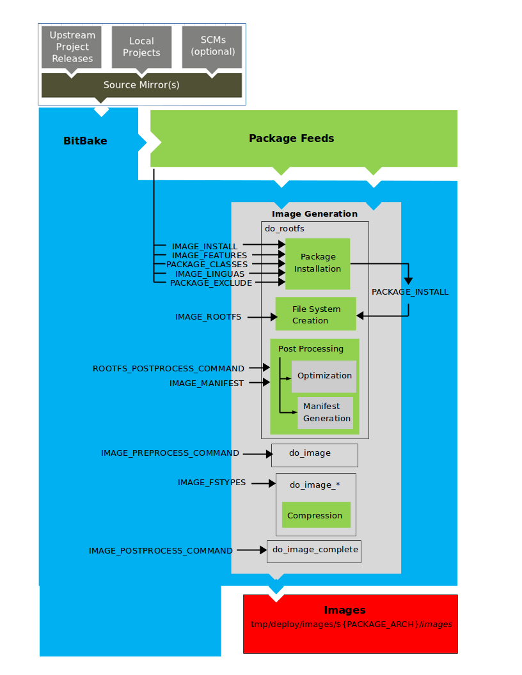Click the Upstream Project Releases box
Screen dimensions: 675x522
[72, 47]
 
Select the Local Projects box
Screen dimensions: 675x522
[141, 47]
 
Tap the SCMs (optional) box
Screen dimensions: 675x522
[213, 46]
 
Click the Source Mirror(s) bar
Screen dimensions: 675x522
[141, 84]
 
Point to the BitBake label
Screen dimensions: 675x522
[85, 141]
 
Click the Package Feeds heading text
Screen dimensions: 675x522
[291, 138]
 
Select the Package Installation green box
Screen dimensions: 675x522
[317, 263]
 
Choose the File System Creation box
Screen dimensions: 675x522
[315, 314]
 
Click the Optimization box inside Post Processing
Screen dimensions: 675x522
[324, 376]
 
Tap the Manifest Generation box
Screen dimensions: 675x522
[326, 412]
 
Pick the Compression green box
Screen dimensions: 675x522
[314, 515]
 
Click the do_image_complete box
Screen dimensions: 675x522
[313, 550]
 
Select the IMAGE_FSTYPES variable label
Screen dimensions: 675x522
[212, 483]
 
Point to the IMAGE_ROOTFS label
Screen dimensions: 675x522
[208, 316]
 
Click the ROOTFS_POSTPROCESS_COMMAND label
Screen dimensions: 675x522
[168, 368]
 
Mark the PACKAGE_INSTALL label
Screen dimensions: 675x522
[410, 291]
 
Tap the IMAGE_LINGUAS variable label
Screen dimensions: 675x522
[210, 274]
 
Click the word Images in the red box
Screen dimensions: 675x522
[345, 610]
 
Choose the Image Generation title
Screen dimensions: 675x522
[315, 213]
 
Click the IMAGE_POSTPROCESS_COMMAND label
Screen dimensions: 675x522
[161, 550]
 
